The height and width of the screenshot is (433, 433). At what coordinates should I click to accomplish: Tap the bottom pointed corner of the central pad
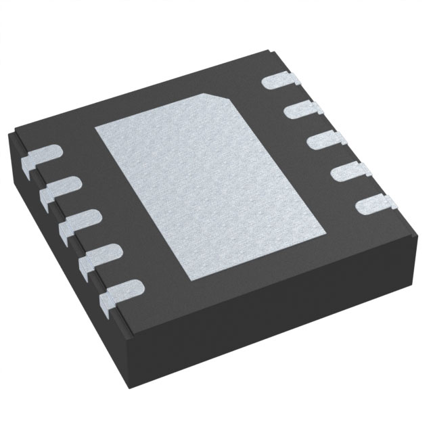tap(196, 278)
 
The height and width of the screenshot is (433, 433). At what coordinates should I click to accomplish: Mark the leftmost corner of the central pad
tap(95, 126)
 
